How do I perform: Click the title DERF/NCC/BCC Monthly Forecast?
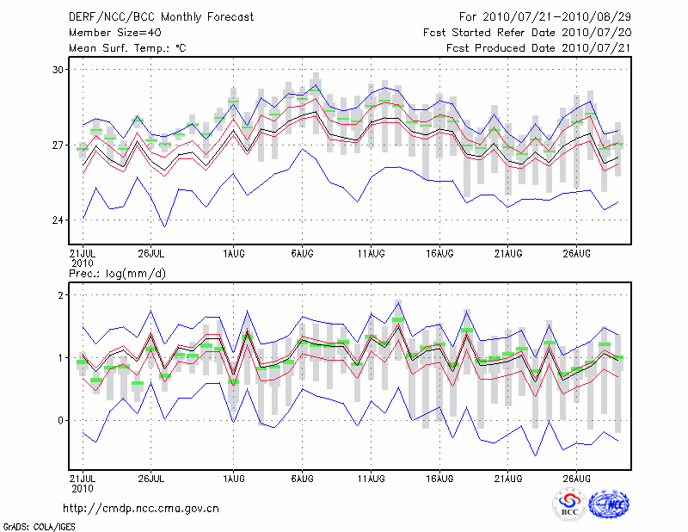(x=138, y=16)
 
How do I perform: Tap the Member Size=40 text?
(x=108, y=32)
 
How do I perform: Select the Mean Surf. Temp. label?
(x=127, y=48)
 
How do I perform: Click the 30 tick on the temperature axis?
(x=59, y=69)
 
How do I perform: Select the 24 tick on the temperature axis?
(x=59, y=220)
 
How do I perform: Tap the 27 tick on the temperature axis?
(x=59, y=145)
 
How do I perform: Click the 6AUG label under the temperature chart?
(x=302, y=254)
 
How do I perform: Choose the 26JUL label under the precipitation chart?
(x=151, y=476)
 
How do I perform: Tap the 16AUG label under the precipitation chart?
(x=439, y=476)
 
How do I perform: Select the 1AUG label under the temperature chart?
(x=233, y=254)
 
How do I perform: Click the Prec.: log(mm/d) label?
(x=118, y=273)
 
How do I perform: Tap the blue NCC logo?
(x=609, y=504)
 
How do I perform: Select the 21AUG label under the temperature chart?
(x=508, y=254)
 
